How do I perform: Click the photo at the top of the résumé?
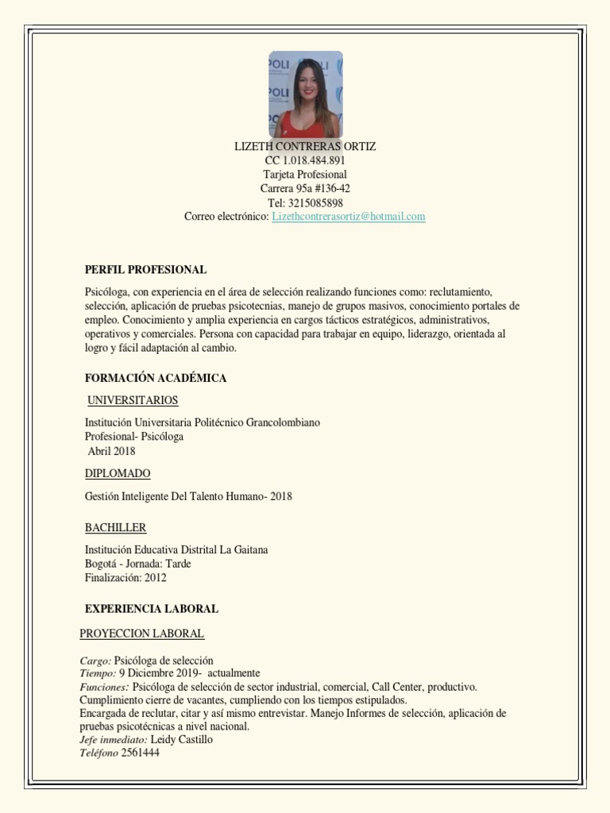coord(306,94)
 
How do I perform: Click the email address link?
coord(349,216)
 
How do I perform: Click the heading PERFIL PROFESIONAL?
coord(145,270)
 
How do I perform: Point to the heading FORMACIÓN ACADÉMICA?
coord(156,378)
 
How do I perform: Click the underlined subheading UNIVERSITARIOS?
coord(133,400)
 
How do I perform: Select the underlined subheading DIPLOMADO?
coord(118,474)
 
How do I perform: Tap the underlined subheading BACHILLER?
coord(116,528)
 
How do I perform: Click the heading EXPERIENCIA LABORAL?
coord(152,609)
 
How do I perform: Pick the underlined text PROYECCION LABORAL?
coord(142,634)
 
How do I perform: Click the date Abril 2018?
coord(111,451)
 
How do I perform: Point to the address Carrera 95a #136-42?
coord(305,188)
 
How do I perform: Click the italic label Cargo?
coord(96,661)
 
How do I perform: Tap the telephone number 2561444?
coord(141,753)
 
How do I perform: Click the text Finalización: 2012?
coord(125,578)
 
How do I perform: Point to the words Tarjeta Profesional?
coord(305,175)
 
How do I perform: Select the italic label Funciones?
coord(104,687)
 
